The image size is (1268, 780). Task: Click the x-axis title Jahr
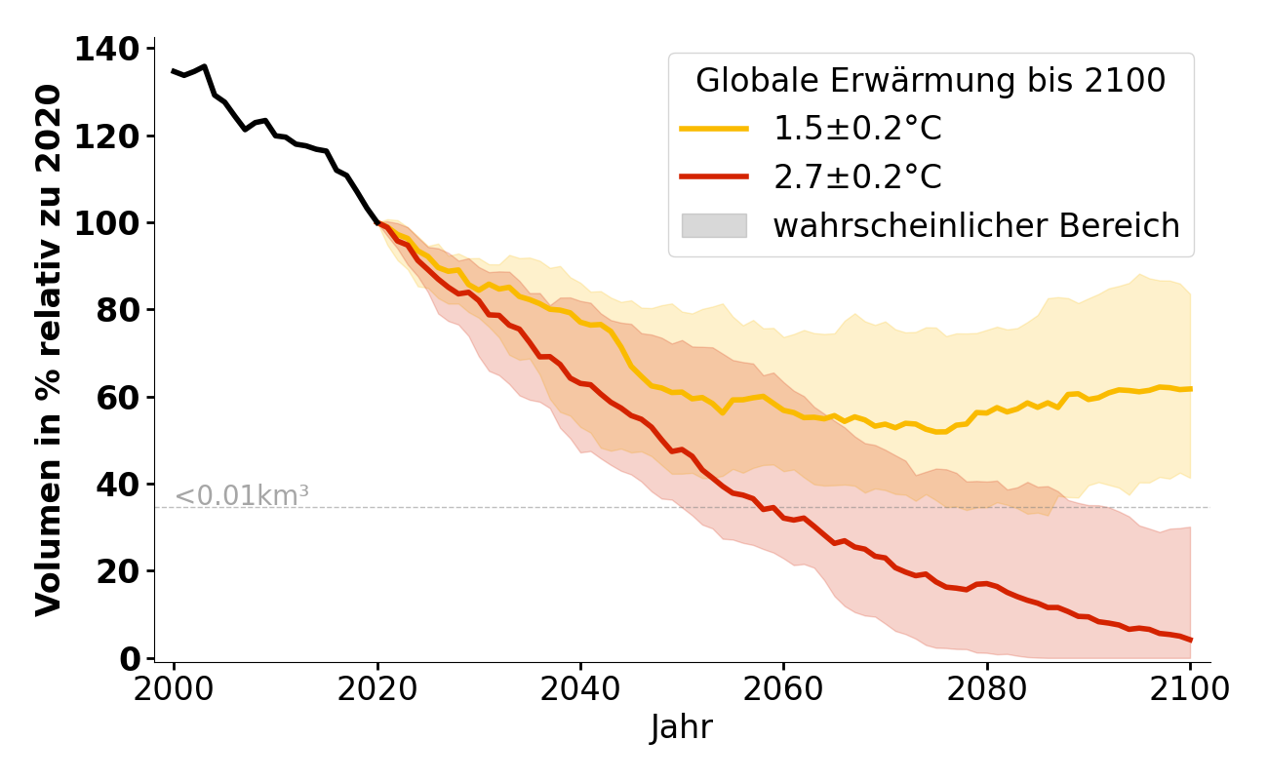(x=682, y=728)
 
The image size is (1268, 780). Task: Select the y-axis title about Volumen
(x=49, y=350)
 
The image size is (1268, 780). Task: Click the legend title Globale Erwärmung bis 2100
(x=931, y=81)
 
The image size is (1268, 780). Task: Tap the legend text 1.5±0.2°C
(x=857, y=129)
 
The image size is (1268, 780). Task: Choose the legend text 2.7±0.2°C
(x=857, y=177)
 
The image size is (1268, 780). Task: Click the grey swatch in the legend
(x=714, y=226)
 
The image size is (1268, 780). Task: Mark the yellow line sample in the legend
(x=714, y=129)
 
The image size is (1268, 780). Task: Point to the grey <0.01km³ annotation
(x=241, y=496)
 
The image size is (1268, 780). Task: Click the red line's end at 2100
(x=1190, y=641)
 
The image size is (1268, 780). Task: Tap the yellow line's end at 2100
(x=1190, y=389)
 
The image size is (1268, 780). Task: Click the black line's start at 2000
(x=174, y=71)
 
